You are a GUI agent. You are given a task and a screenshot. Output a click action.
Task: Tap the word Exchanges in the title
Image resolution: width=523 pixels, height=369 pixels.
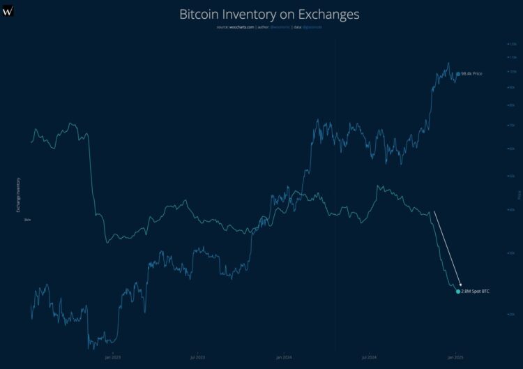coord(331,14)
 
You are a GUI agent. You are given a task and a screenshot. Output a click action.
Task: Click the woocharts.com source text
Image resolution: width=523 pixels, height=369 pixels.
coord(241,27)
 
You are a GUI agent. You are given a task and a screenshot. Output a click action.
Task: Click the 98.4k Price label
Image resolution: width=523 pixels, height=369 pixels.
coord(472,73)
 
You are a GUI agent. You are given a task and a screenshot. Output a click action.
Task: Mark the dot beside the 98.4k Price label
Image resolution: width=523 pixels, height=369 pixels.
coord(458,73)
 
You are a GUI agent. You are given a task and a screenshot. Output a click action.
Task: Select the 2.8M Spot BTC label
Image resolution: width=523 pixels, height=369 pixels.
coord(476,291)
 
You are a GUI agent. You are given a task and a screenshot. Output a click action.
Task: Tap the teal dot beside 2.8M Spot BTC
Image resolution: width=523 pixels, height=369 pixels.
coord(458,291)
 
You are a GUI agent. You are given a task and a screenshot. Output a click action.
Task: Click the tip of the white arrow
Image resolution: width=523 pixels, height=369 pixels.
coord(461,285)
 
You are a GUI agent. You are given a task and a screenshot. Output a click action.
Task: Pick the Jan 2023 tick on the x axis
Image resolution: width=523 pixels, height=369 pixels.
coord(113,356)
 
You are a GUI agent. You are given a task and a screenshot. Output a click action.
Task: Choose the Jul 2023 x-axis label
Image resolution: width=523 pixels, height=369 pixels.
coord(198,356)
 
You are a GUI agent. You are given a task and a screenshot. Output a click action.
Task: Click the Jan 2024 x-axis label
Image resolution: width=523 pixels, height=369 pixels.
coord(284,356)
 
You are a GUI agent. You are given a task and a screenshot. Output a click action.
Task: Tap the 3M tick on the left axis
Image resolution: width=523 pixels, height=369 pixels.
coord(27,220)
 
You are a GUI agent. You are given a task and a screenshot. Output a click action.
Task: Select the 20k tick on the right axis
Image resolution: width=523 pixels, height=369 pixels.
coord(512,314)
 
